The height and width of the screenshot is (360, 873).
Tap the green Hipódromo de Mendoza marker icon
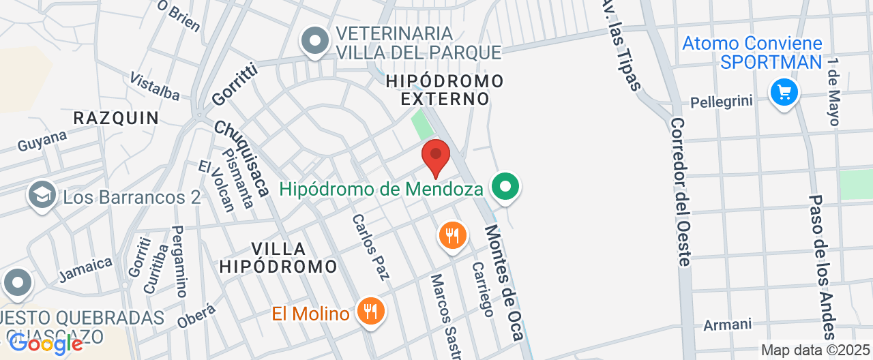[x=505, y=186]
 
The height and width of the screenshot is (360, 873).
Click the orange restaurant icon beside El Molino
[x=370, y=312]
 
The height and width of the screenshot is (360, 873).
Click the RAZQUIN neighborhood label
[x=116, y=118]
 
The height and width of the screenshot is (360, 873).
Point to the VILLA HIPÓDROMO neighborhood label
[x=278, y=257]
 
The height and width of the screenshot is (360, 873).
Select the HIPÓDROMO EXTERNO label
[x=445, y=90]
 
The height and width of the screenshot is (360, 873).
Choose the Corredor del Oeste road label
[x=681, y=191]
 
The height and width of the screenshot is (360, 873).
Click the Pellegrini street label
[x=722, y=102]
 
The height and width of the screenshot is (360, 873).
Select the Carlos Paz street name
[x=371, y=247]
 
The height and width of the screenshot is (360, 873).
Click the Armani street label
[x=727, y=325]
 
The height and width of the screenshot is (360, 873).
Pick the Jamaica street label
[x=85, y=269]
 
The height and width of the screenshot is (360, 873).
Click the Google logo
[x=45, y=344]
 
